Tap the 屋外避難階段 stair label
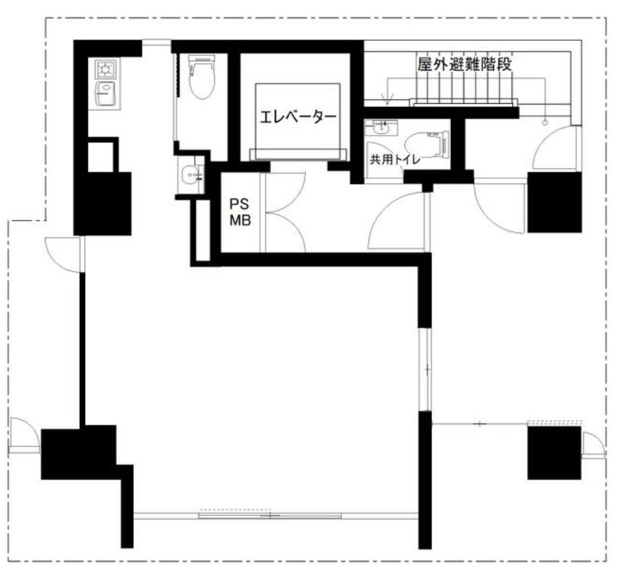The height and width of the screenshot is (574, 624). pyautogui.click(x=464, y=64)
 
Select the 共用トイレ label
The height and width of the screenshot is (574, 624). pyautogui.click(x=395, y=160)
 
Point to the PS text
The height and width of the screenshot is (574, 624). pyautogui.click(x=239, y=204)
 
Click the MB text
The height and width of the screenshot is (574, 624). pyautogui.click(x=240, y=220)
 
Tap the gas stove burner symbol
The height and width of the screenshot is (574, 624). pyautogui.click(x=106, y=70)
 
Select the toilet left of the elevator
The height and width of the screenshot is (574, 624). pyautogui.click(x=202, y=77)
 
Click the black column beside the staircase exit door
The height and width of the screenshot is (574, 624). pyautogui.click(x=554, y=202)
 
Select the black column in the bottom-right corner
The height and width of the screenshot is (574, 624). pyautogui.click(x=554, y=453)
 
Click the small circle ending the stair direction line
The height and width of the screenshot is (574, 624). pyautogui.click(x=545, y=122)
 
